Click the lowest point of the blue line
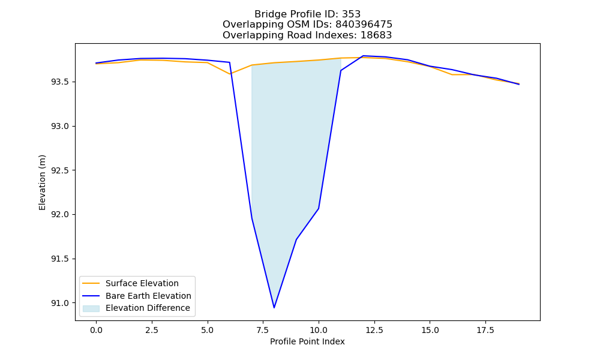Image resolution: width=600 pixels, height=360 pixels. pyautogui.click(x=274, y=308)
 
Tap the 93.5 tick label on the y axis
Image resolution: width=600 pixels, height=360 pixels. pyautogui.click(x=61, y=82)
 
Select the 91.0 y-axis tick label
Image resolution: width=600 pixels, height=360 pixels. pyautogui.click(x=61, y=303)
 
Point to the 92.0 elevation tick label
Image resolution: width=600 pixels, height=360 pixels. pyautogui.click(x=61, y=215)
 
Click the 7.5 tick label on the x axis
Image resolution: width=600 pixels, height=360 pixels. pyautogui.click(x=263, y=330)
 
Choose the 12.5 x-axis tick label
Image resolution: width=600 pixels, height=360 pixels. pyautogui.click(x=374, y=330)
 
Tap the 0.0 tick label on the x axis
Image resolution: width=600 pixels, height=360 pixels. pyautogui.click(x=96, y=330)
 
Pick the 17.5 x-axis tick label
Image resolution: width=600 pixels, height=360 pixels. pyautogui.click(x=485, y=330)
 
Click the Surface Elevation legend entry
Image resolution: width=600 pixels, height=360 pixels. pyautogui.click(x=142, y=283)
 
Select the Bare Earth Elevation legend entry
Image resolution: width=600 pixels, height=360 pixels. pyautogui.click(x=148, y=296)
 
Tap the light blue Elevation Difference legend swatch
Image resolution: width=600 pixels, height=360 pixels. pyautogui.click(x=91, y=308)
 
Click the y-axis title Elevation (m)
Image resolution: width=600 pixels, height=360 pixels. pyautogui.click(x=42, y=182)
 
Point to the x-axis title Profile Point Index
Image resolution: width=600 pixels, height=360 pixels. pyautogui.click(x=307, y=341)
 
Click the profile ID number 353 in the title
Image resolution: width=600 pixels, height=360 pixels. pyautogui.click(x=351, y=14)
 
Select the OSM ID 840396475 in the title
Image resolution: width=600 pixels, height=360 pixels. pyautogui.click(x=364, y=25)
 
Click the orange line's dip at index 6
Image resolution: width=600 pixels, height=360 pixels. pyautogui.click(x=230, y=74)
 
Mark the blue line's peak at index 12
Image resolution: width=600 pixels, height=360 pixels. pyautogui.click(x=363, y=56)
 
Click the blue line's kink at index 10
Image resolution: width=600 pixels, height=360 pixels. pyautogui.click(x=319, y=209)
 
